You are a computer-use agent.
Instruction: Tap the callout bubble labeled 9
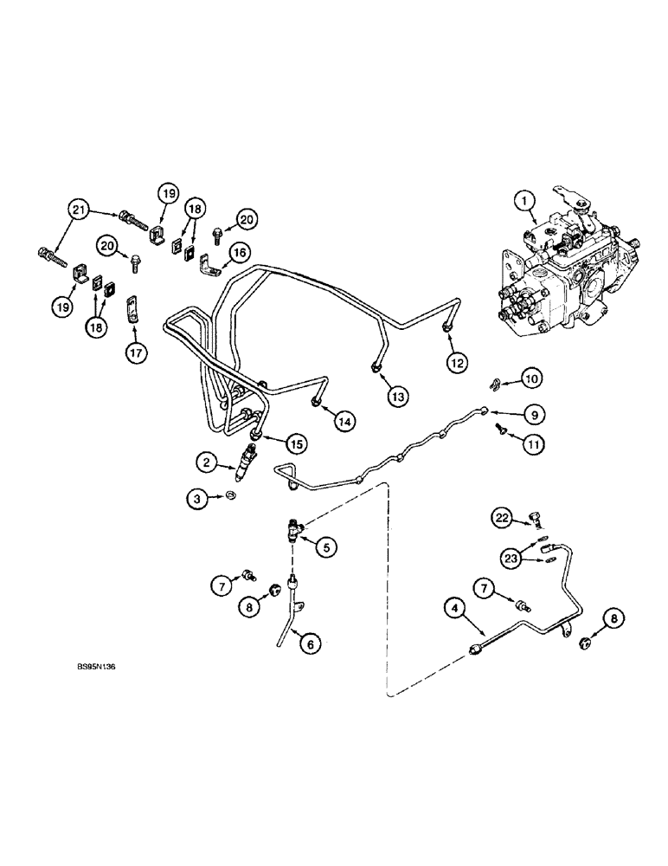click(535, 416)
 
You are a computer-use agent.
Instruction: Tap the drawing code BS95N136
click(95, 668)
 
